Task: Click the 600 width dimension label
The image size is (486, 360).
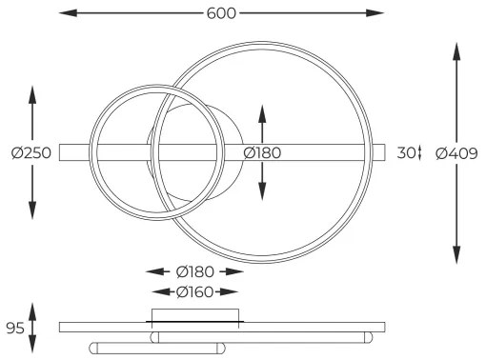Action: tap(220, 12)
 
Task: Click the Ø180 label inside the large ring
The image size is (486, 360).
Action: tap(262, 152)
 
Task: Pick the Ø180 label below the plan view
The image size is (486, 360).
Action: tap(193, 271)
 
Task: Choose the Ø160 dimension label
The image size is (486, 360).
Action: tap(193, 291)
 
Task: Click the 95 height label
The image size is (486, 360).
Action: tap(14, 329)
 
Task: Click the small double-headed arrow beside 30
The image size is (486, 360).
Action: tap(418, 152)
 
